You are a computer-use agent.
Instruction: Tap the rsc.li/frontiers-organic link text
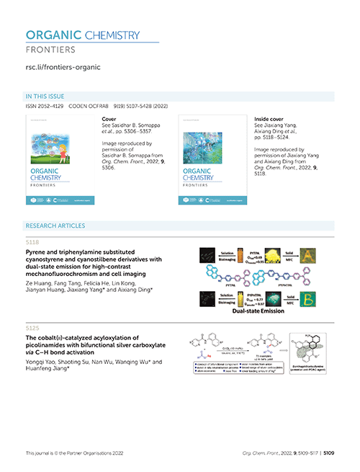click(63, 68)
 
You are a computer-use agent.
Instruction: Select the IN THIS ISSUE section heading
click(44, 96)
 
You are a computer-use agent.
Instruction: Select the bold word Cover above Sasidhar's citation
click(109, 117)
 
